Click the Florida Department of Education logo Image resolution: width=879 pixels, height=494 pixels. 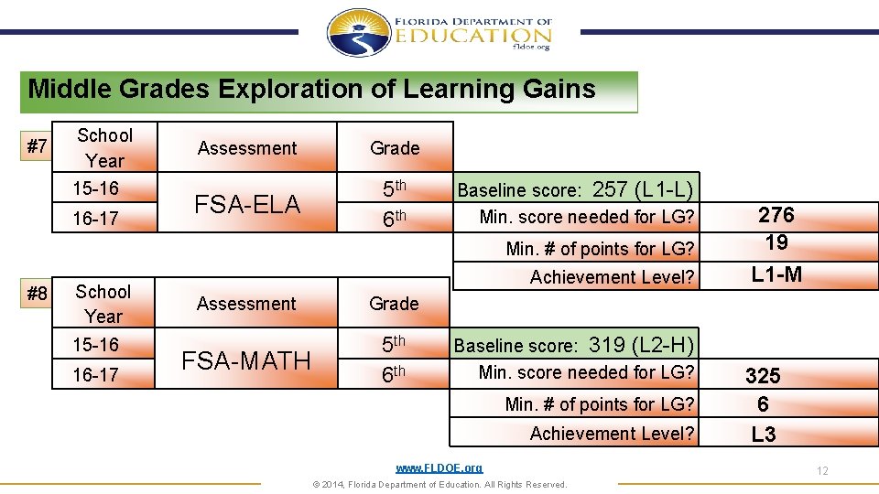click(x=439, y=33)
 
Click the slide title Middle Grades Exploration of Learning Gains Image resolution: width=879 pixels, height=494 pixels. click(x=311, y=90)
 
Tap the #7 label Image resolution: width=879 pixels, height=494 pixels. click(x=37, y=145)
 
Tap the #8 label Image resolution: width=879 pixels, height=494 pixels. click(x=37, y=294)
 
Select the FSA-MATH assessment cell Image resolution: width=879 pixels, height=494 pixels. click(x=246, y=360)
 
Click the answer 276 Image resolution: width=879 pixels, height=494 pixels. click(x=776, y=215)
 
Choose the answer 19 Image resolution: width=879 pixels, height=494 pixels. click(x=776, y=242)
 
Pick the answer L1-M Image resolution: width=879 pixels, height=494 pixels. click(x=776, y=274)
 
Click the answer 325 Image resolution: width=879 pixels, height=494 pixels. click(x=763, y=376)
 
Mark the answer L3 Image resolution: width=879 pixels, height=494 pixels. click(x=763, y=435)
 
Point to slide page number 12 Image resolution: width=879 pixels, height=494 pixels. click(x=822, y=471)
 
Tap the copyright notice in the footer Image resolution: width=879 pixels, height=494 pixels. click(x=439, y=485)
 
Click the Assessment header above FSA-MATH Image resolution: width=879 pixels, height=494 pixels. click(x=246, y=304)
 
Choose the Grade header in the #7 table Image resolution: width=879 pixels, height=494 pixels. click(x=395, y=148)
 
